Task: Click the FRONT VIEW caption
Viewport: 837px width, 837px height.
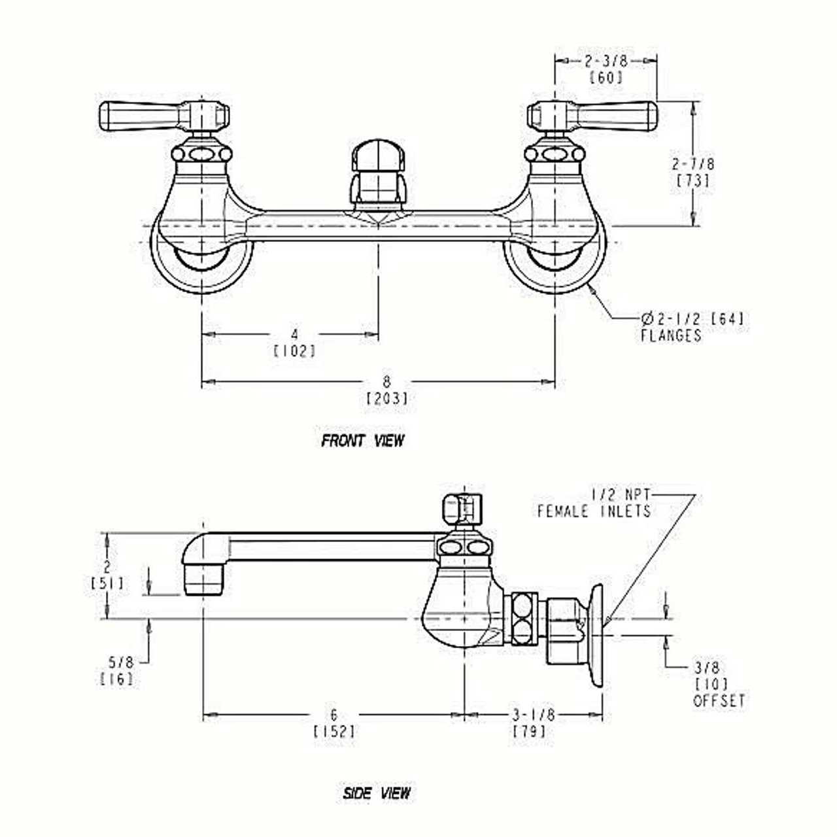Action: (363, 441)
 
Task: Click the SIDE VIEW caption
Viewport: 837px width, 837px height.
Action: (377, 793)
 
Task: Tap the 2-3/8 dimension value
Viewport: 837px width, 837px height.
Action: (606, 61)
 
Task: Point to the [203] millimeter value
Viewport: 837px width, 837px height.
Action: (387, 398)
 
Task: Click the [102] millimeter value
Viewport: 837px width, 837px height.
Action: (294, 351)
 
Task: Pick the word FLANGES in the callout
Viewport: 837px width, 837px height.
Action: (671, 336)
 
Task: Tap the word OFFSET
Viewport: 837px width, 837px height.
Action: (719, 701)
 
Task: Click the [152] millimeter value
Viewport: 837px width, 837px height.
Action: (335, 731)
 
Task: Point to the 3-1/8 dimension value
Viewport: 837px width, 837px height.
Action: (534, 715)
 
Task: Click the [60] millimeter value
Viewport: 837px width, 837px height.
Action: (606, 77)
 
